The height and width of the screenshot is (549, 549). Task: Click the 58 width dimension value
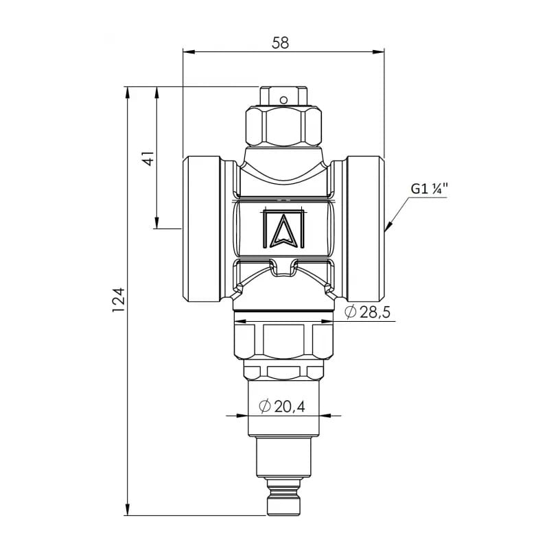click(281, 43)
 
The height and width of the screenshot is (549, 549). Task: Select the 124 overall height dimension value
click(118, 301)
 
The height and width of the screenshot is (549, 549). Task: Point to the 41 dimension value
click(148, 159)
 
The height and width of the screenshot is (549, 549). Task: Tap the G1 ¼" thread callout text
click(430, 189)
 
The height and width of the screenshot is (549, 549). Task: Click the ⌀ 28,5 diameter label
click(367, 312)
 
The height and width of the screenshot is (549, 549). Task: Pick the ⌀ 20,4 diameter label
click(282, 406)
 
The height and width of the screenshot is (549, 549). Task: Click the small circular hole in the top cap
click(283, 100)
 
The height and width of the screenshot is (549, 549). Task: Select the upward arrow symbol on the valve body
click(283, 229)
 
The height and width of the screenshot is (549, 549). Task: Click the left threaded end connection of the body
click(202, 229)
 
